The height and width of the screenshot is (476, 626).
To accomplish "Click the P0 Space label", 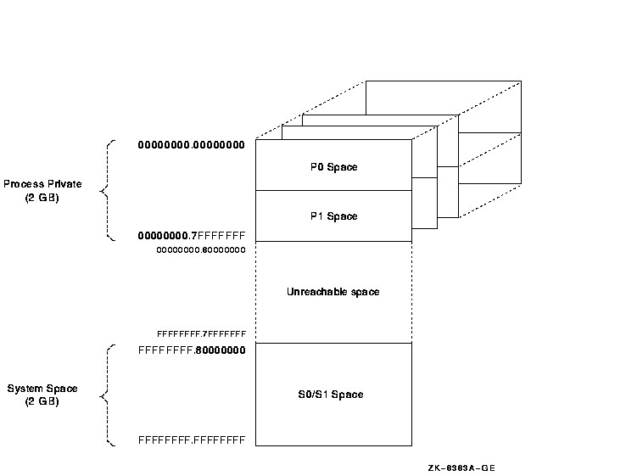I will click(333, 167).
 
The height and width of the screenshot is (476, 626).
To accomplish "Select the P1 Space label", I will click(333, 216).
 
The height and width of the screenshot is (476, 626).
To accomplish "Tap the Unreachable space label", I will click(333, 292).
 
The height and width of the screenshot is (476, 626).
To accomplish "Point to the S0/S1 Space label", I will click(333, 395).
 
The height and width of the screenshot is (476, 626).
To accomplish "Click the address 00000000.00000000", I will click(192, 145).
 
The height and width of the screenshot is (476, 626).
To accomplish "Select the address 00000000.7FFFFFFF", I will click(192, 235).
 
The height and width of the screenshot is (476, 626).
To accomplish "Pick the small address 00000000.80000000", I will click(201, 250).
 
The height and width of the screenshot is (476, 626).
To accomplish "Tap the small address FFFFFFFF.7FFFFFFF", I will click(201, 334).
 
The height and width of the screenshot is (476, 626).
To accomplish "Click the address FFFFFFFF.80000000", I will click(192, 349).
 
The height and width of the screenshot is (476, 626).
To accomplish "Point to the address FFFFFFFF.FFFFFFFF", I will click(192, 440).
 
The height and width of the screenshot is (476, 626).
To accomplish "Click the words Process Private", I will click(42, 184).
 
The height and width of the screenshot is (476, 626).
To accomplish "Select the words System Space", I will click(42, 389).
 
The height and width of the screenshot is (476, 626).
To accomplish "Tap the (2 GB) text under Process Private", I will click(42, 197).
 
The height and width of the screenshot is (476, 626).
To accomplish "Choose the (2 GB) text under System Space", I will click(42, 401).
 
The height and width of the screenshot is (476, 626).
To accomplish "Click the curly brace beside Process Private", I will click(106, 191).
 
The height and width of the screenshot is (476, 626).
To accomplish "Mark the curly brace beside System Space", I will click(106, 395).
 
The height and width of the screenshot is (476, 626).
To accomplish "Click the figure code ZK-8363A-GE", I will click(461, 467).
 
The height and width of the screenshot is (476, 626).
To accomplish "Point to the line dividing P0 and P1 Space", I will click(333, 191).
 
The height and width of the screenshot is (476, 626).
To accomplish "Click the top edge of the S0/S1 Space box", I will click(333, 343).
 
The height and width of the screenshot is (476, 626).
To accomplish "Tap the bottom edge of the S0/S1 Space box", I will click(333, 445).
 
